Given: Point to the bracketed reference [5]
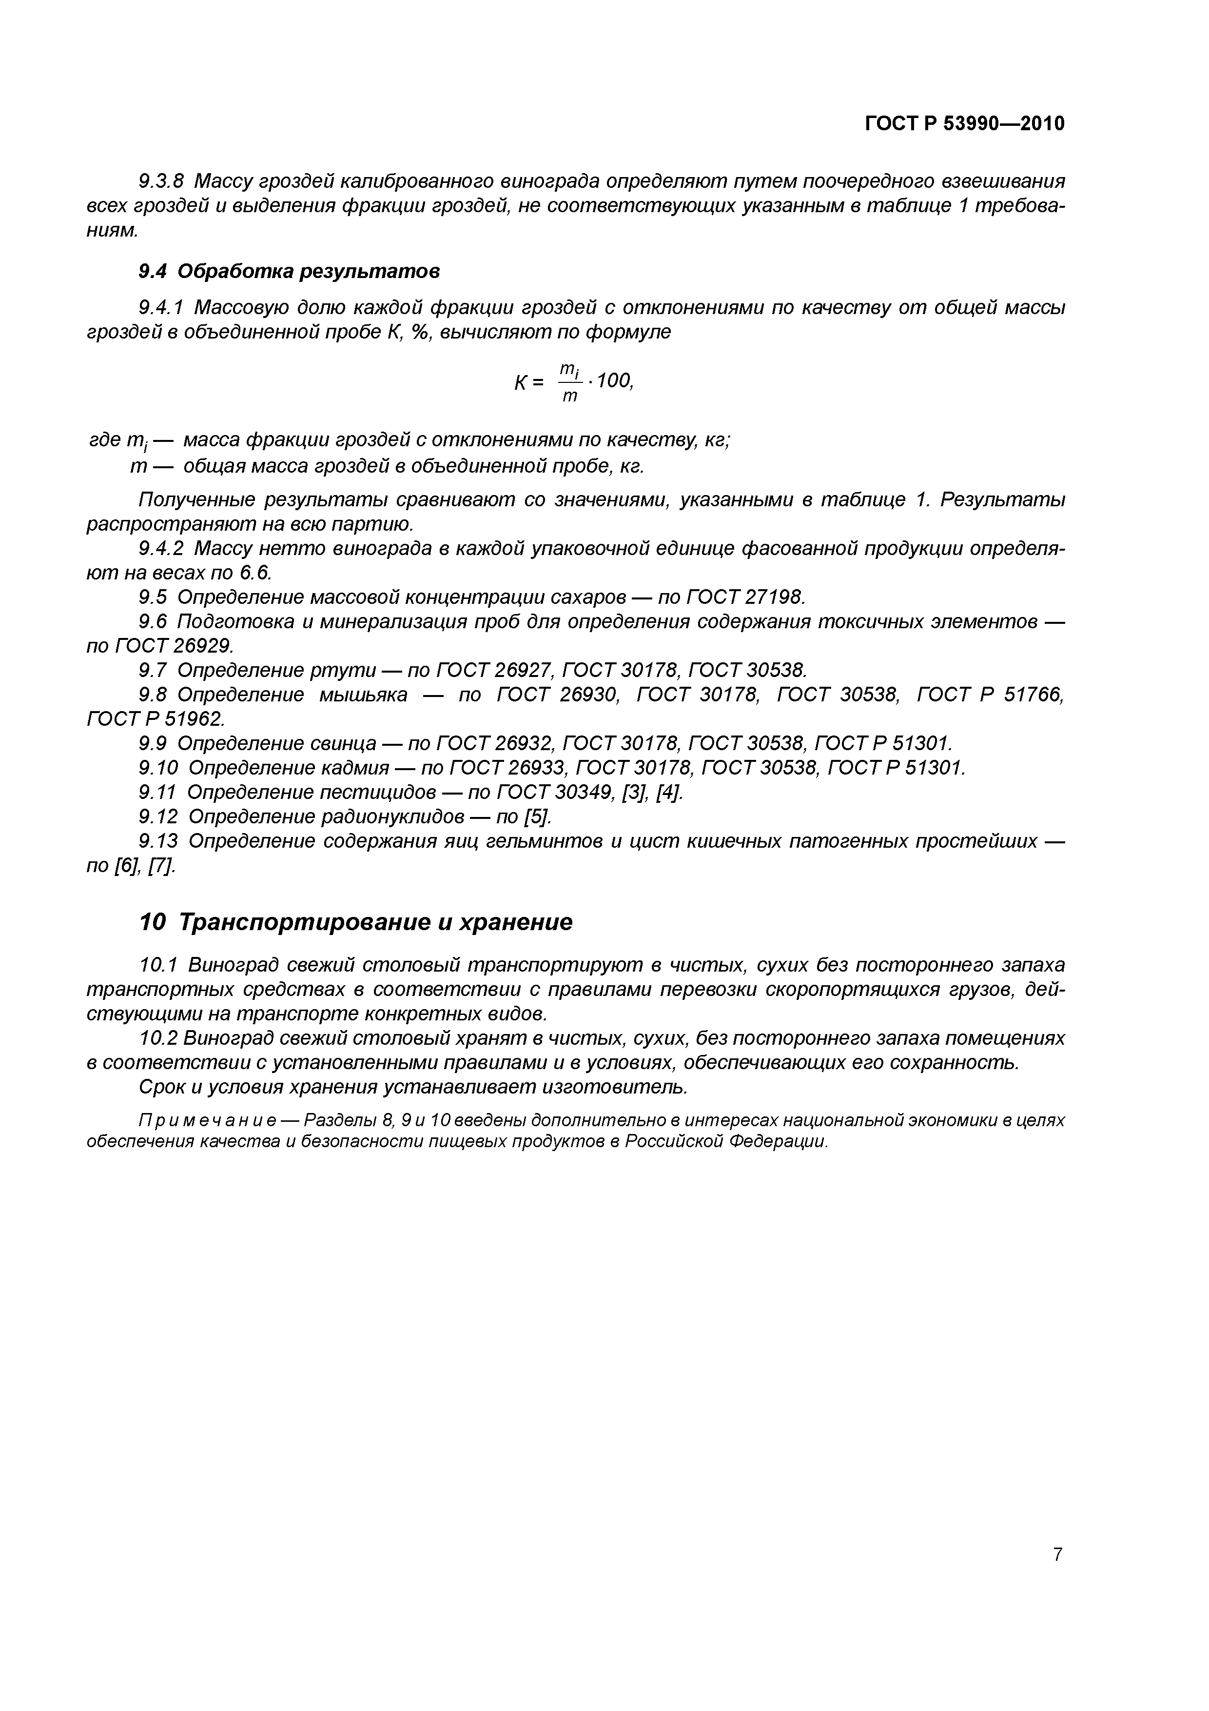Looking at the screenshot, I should (x=538, y=817).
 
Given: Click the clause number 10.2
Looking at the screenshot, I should (x=158, y=1038).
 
